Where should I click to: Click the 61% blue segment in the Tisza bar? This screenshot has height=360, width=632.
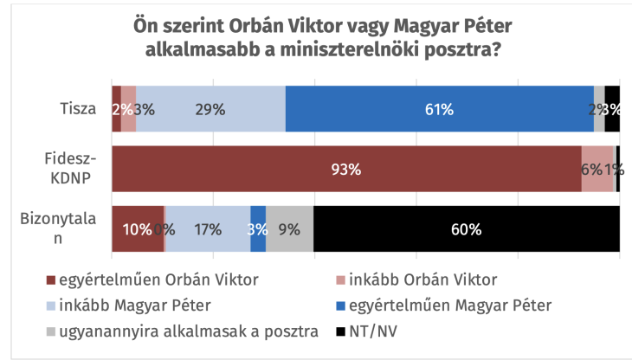(x=439, y=109)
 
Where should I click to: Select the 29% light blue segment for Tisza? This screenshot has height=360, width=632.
(x=210, y=109)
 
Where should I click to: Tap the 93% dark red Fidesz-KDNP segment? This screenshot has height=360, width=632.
(x=346, y=169)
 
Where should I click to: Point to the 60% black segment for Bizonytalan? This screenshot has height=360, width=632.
(x=466, y=229)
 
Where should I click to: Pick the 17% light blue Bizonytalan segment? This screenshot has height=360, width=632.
(x=208, y=229)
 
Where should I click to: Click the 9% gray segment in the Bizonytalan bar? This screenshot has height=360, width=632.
(x=289, y=229)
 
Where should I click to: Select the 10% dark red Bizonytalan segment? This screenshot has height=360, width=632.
(x=137, y=229)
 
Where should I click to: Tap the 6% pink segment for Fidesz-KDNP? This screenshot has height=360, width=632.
(x=597, y=169)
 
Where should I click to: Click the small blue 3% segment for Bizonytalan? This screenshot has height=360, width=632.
(x=258, y=229)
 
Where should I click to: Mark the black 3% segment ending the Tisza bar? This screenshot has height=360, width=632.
(x=612, y=109)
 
